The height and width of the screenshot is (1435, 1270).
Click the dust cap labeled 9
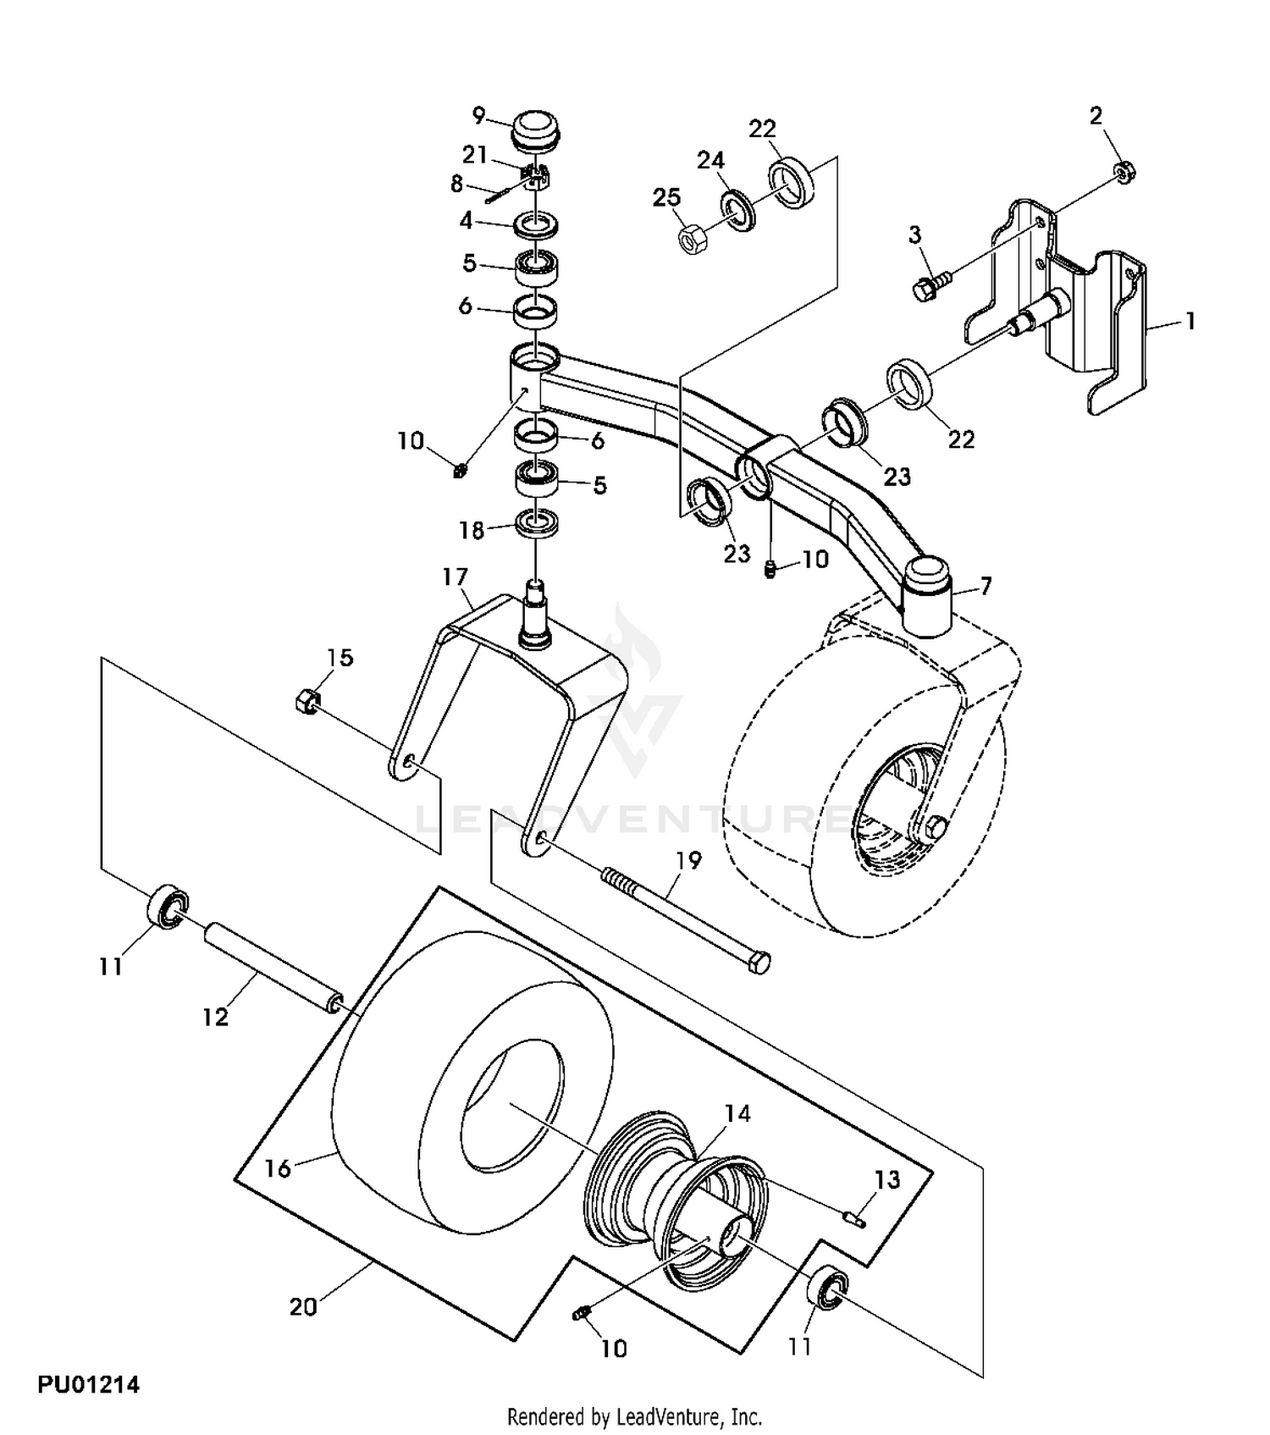click(x=537, y=132)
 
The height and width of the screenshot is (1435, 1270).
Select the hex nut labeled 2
click(x=1124, y=173)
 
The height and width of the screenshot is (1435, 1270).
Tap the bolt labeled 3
click(x=927, y=285)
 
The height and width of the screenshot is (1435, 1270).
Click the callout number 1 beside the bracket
click(x=1190, y=321)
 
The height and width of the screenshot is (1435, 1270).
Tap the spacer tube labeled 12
click(x=273, y=966)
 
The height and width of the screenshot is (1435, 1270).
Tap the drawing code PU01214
click(x=88, y=1385)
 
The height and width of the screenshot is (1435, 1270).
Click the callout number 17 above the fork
click(x=455, y=577)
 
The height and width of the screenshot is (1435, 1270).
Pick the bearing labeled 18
click(x=537, y=522)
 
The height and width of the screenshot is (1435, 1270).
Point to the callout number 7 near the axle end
click(x=985, y=585)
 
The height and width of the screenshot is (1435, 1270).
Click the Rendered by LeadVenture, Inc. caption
click(x=634, y=1416)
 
